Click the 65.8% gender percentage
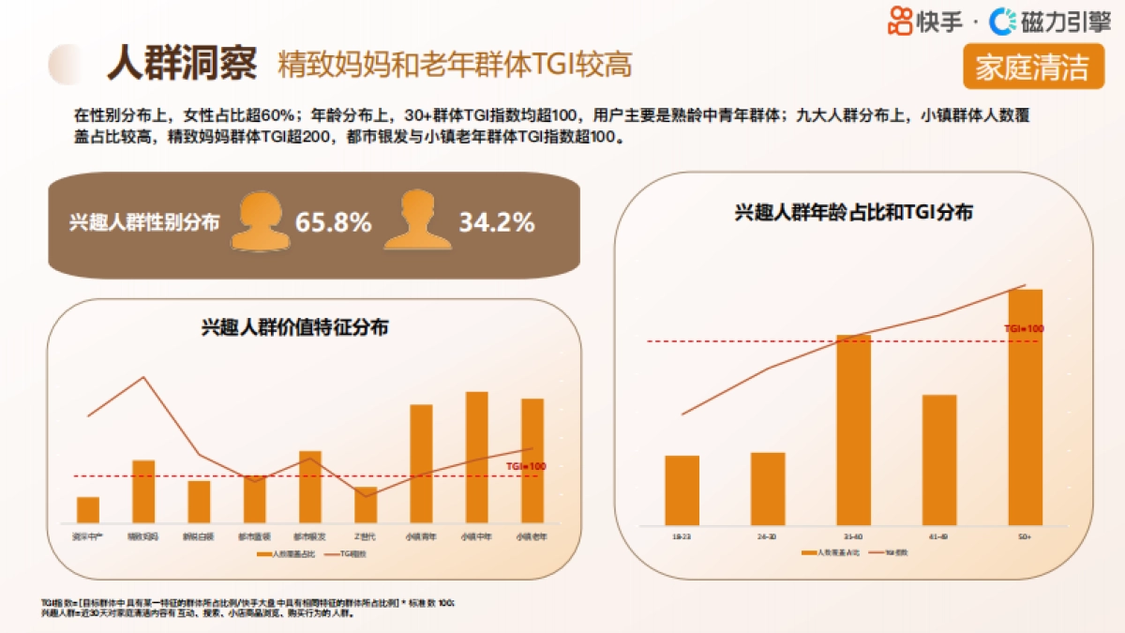(x=333, y=223)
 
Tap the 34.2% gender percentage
(x=496, y=223)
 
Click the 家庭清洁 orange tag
(x=1032, y=68)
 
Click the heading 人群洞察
(x=181, y=63)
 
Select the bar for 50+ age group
(x=1025, y=407)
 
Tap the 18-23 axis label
(x=682, y=536)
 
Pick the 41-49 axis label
(x=938, y=536)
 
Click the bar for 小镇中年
(x=476, y=457)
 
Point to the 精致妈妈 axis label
(x=143, y=537)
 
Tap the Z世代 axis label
(x=365, y=537)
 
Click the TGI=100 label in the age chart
(x=1023, y=329)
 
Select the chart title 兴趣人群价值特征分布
(x=295, y=328)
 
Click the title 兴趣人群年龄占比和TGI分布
(x=852, y=213)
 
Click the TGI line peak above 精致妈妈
(x=143, y=377)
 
